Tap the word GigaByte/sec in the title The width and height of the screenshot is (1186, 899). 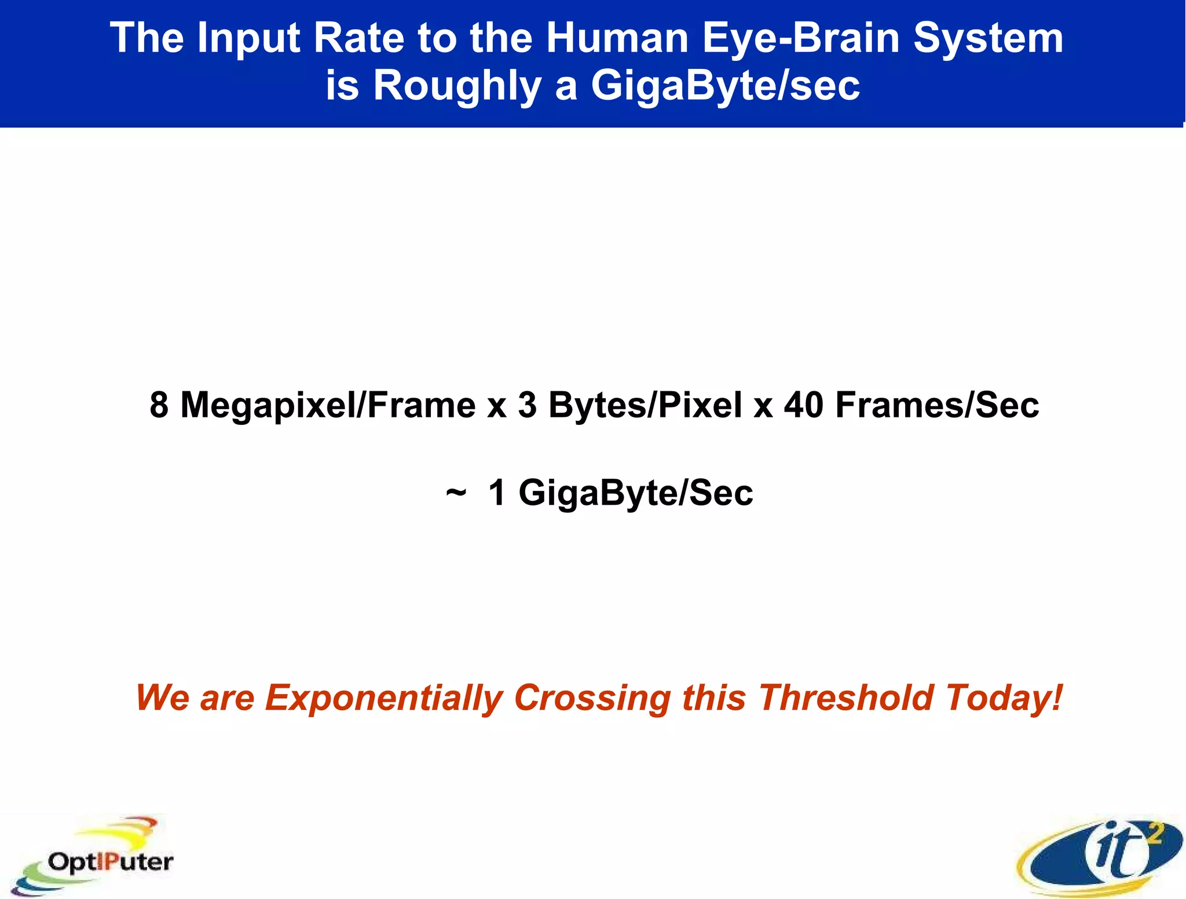725,86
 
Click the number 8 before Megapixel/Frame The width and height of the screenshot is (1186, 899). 159,405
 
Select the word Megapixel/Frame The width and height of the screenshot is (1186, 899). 328,406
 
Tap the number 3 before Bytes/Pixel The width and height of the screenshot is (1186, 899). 527,405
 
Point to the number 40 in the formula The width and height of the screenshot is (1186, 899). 804,405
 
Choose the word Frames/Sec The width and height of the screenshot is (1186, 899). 937,405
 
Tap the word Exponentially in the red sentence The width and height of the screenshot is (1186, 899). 384,698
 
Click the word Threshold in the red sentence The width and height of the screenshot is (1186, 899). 846,697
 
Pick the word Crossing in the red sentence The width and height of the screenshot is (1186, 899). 592,698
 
